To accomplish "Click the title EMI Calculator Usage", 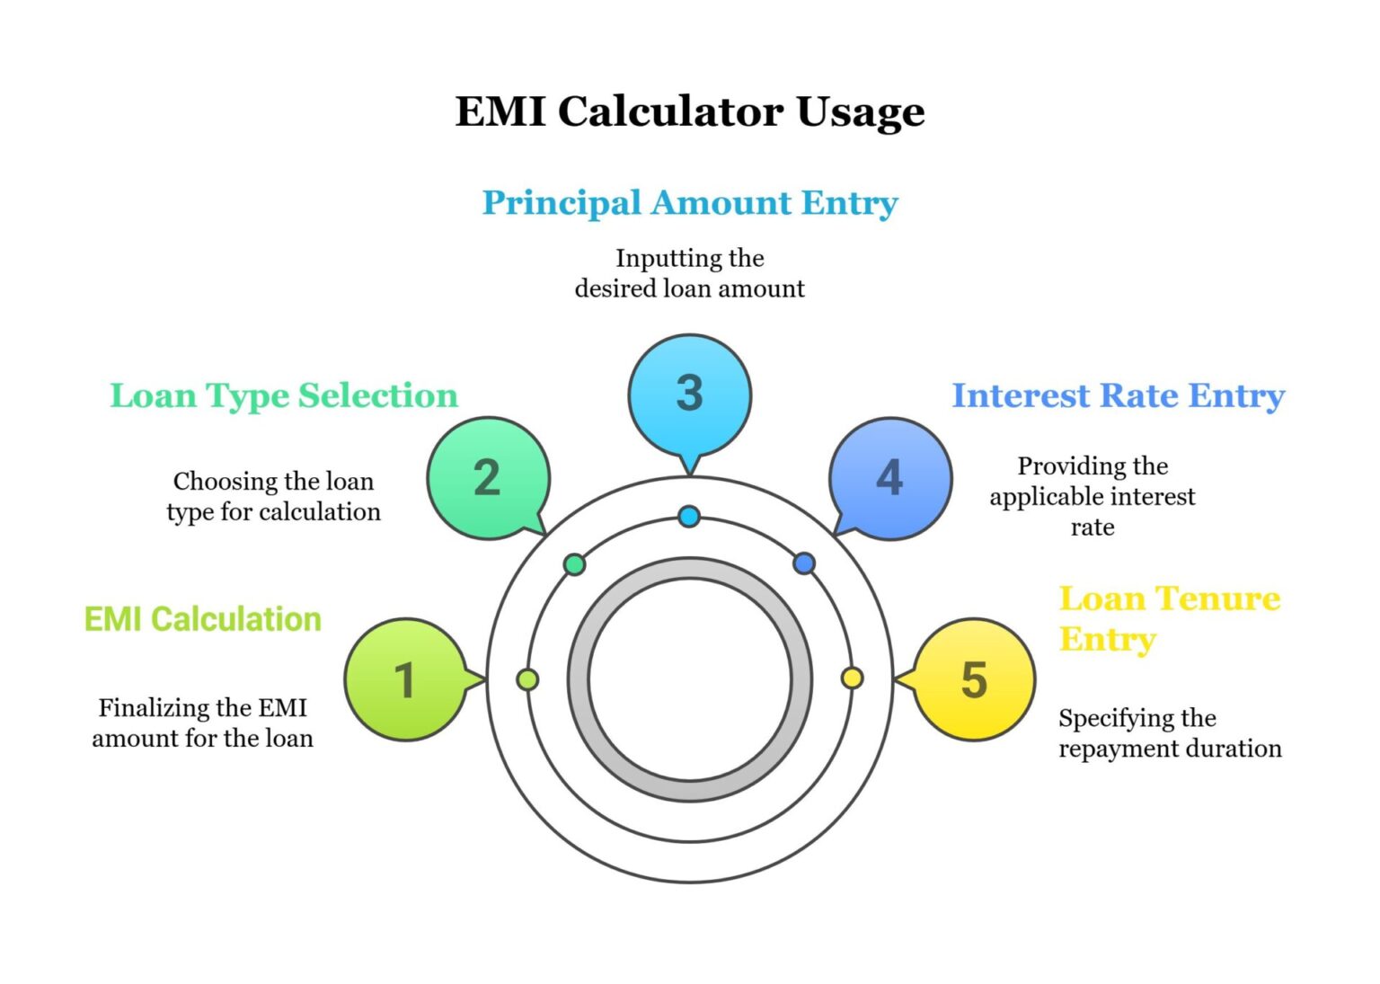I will (x=689, y=111).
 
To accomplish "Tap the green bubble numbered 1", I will (x=405, y=679).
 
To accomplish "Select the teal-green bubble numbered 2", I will (x=488, y=477).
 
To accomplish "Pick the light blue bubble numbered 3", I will (x=689, y=394).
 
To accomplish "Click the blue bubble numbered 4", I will (x=889, y=477).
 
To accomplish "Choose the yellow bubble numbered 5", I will (x=974, y=679).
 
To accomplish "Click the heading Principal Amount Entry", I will (x=689, y=203).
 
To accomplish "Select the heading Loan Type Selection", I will (x=284, y=395).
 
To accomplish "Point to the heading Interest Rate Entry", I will (x=1118, y=395).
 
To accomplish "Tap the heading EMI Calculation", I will (x=202, y=619).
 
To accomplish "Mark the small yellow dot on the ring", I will (x=852, y=678).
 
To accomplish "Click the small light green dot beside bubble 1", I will (x=528, y=679).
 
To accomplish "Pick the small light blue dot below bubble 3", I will (x=689, y=517).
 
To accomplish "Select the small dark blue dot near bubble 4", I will (x=804, y=563).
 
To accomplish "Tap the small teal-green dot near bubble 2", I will (x=575, y=564).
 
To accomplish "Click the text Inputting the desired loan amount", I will (x=689, y=273).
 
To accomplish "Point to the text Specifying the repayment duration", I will (x=1169, y=733).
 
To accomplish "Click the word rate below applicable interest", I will (x=1092, y=527).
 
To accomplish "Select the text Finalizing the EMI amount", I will (x=202, y=723).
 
